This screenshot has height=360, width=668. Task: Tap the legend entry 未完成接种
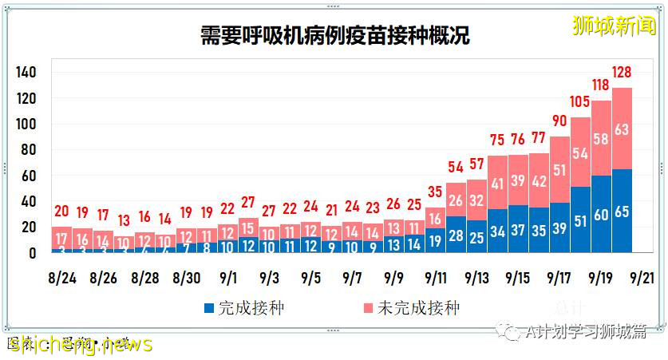tap(411, 307)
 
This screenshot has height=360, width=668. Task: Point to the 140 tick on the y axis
tap(26, 73)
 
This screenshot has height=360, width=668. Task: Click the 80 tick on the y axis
tap(29, 150)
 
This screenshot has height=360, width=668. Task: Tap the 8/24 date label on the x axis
tap(61, 279)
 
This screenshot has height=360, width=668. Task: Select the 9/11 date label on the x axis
tap(435, 279)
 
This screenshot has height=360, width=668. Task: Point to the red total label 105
tap(580, 102)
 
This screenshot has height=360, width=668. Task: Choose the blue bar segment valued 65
tap(622, 212)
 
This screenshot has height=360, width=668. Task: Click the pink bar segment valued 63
tap(622, 129)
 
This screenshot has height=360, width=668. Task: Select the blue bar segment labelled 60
tap(601, 215)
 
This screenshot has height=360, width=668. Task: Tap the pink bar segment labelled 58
tap(601, 139)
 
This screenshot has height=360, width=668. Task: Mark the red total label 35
tap(435, 192)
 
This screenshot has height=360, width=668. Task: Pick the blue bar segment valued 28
tap(456, 235)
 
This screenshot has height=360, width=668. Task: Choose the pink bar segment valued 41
tap(497, 184)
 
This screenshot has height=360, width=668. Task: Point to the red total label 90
tap(559, 121)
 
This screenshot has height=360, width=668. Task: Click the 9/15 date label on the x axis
tap(518, 279)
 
